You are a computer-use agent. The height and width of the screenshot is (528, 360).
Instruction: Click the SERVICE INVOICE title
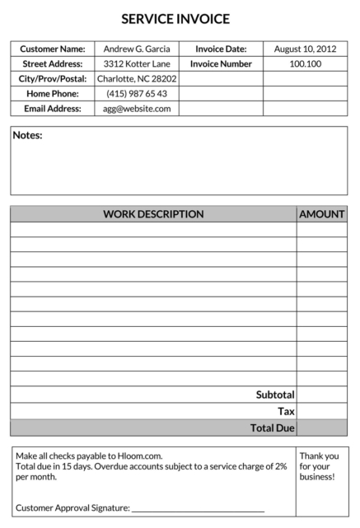[175, 19]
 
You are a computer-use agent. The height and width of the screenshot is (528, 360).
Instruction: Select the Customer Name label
[53, 49]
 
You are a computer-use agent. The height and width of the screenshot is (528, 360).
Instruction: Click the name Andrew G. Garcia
[137, 49]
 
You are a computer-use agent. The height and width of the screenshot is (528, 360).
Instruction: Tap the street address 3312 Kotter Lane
[137, 64]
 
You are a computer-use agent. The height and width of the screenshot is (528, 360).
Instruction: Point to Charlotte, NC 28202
[137, 79]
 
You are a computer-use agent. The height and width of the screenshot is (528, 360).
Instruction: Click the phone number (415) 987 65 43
[137, 94]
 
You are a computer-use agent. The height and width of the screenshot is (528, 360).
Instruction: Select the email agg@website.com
[137, 109]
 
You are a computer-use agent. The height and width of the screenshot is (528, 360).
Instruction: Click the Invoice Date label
[221, 49]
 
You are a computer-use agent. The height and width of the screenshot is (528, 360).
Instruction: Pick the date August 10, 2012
[305, 49]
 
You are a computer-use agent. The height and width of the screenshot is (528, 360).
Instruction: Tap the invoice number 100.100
[305, 64]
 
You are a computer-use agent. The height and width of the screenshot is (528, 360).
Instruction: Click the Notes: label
[28, 136]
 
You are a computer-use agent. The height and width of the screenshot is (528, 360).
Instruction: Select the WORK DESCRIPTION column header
[153, 214]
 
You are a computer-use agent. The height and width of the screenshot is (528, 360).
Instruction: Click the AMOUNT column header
[321, 214]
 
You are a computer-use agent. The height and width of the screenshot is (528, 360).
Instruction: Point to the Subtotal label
[275, 395]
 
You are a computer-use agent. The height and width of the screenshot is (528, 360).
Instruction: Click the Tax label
[286, 412]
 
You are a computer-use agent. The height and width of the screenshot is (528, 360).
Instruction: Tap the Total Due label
[272, 428]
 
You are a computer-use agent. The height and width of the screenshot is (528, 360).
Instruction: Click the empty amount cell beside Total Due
[321, 428]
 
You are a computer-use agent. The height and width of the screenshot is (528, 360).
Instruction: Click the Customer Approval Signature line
[198, 509]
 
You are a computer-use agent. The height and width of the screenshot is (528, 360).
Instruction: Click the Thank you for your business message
[319, 466]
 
